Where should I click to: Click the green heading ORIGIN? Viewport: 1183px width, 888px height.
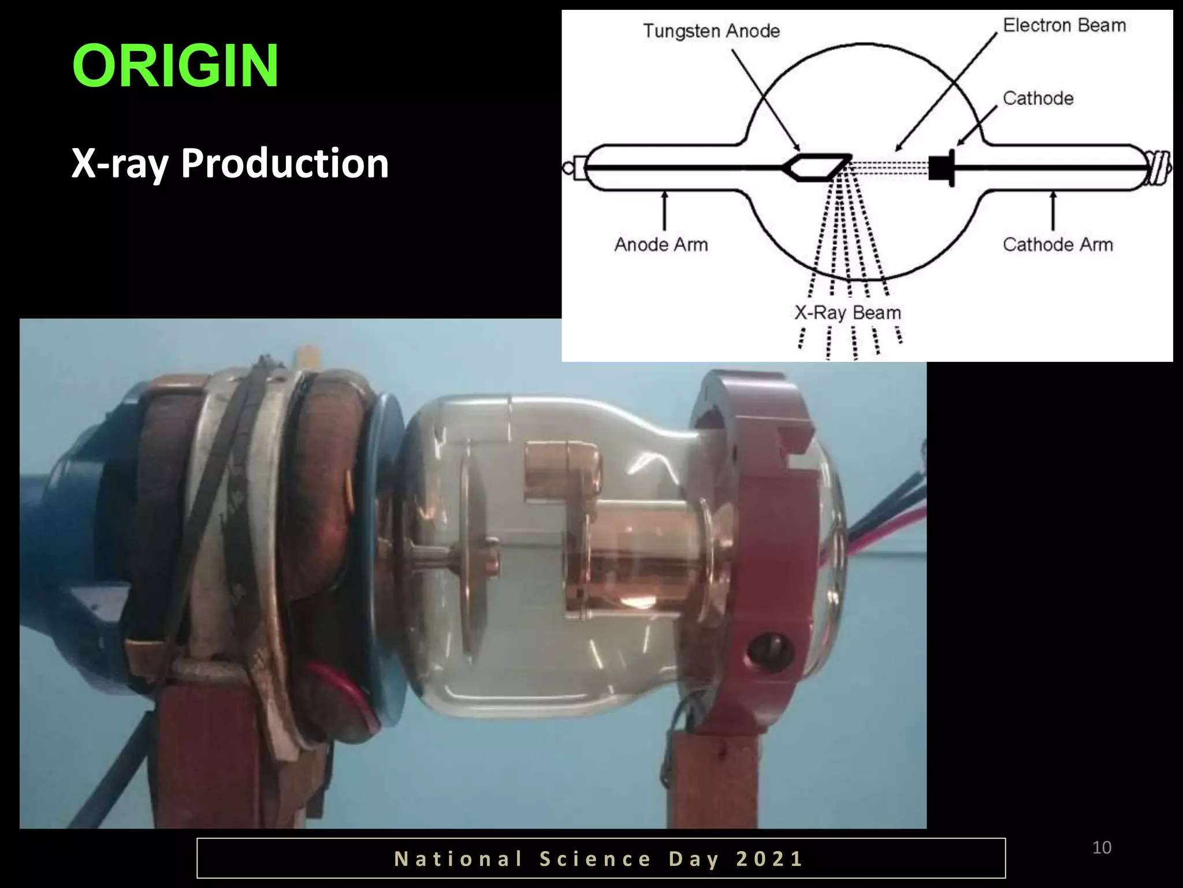(175, 66)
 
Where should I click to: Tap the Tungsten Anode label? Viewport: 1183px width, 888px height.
(711, 31)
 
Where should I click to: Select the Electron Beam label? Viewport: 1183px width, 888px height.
(1064, 25)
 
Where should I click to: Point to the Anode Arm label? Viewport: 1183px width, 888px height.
(661, 245)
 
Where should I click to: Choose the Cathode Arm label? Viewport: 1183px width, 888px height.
(1057, 245)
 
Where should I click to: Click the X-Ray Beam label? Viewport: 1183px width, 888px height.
(847, 313)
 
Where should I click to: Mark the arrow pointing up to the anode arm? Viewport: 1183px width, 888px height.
(665, 210)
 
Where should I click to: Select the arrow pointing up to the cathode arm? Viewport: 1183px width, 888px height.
(1053, 210)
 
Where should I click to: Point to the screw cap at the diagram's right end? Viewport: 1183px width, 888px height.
(1159, 168)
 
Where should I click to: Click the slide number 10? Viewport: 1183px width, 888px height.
(1102, 848)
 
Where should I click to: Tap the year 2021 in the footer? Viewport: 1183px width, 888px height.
(769, 859)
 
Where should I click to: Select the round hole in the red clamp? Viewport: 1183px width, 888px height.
(768, 650)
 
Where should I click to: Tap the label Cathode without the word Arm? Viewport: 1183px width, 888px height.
(1038, 98)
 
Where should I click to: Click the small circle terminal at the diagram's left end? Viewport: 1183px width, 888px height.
(568, 168)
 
